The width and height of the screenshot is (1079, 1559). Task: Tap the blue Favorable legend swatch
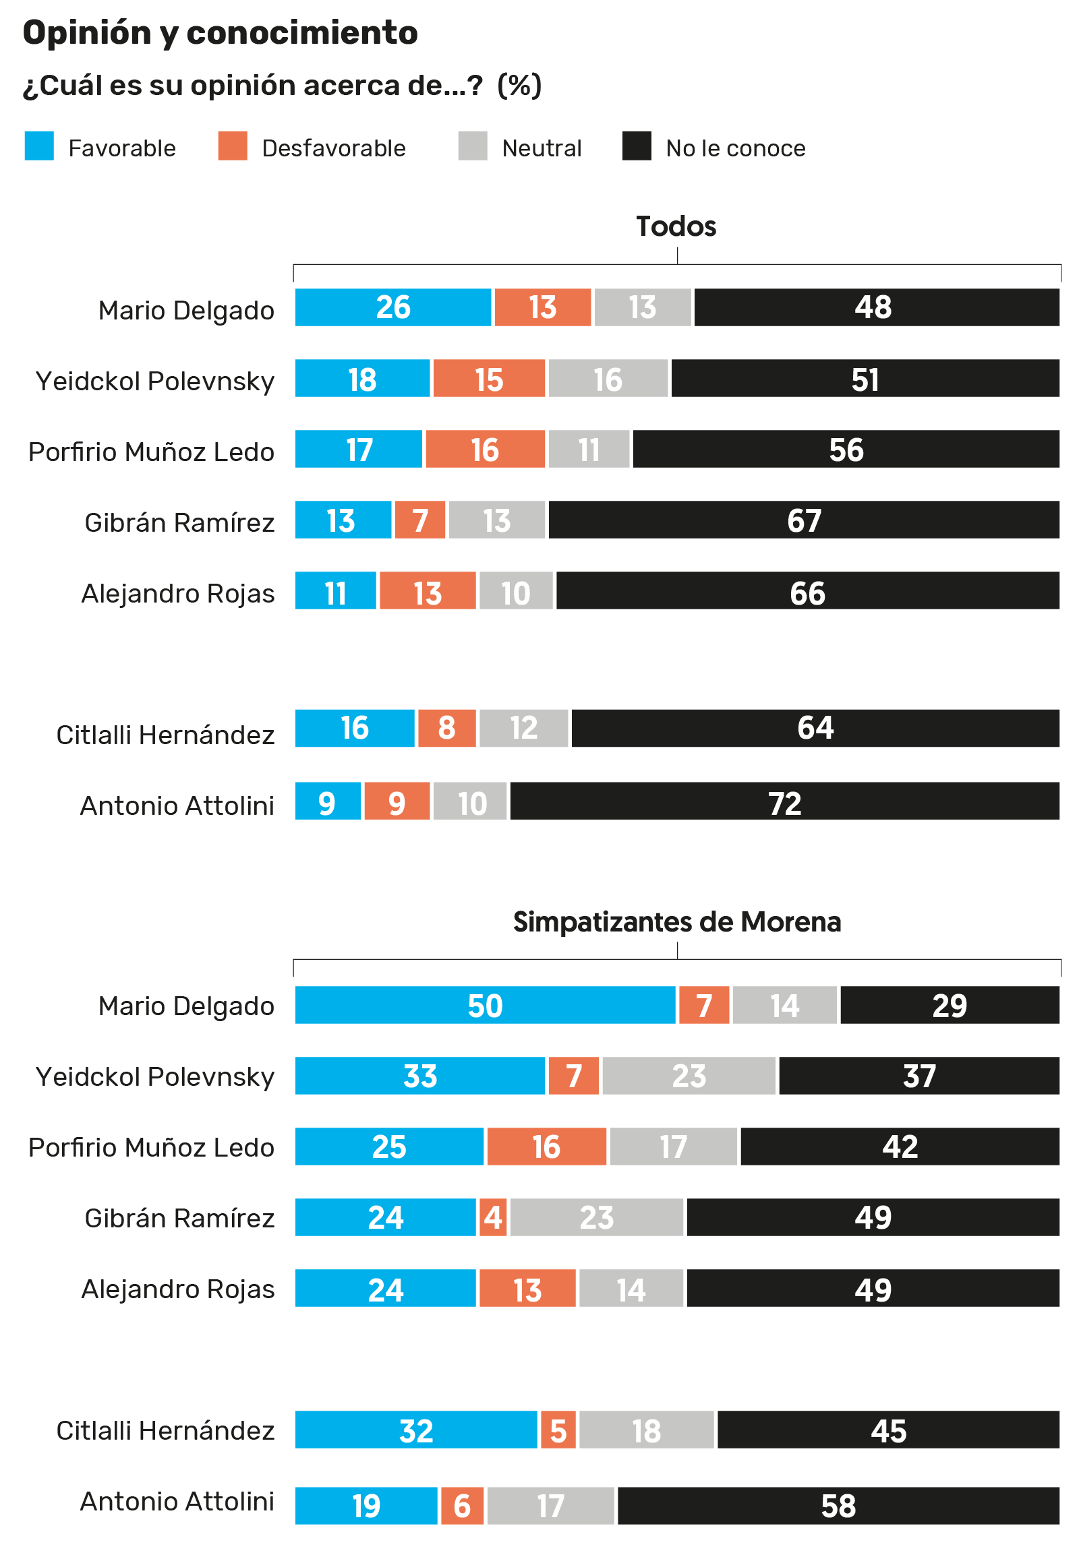pyautogui.click(x=39, y=146)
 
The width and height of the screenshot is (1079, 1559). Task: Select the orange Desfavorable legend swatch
pyautogui.click(x=233, y=146)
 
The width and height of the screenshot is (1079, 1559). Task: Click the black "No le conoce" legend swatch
pyautogui.click(x=637, y=146)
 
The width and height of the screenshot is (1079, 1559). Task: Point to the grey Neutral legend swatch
pyautogui.click(x=473, y=146)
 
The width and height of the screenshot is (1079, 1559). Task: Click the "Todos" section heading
pyautogui.click(x=676, y=226)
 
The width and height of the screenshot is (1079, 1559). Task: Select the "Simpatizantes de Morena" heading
pyautogui.click(x=677, y=922)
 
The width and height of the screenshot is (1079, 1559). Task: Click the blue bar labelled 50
pyautogui.click(x=486, y=1005)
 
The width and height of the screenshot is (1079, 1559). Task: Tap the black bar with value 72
pyautogui.click(x=785, y=801)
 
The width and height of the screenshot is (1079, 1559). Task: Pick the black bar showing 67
pyautogui.click(x=804, y=520)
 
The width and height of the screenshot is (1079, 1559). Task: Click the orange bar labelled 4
pyautogui.click(x=493, y=1217)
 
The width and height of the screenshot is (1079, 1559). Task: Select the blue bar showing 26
pyautogui.click(x=393, y=307)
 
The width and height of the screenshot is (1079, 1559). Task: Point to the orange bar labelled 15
pyautogui.click(x=489, y=378)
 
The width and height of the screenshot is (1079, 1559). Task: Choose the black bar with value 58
pyautogui.click(x=838, y=1506)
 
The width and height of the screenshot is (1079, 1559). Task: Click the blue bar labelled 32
pyautogui.click(x=417, y=1430)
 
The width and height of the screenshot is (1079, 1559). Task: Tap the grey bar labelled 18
pyautogui.click(x=646, y=1430)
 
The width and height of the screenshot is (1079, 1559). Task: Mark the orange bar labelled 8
pyautogui.click(x=447, y=729)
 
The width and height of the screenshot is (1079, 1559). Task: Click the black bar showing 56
pyautogui.click(x=846, y=449)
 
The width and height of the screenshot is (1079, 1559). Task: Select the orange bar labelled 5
pyautogui.click(x=558, y=1430)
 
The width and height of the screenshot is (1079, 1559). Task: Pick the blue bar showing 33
pyautogui.click(x=420, y=1076)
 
